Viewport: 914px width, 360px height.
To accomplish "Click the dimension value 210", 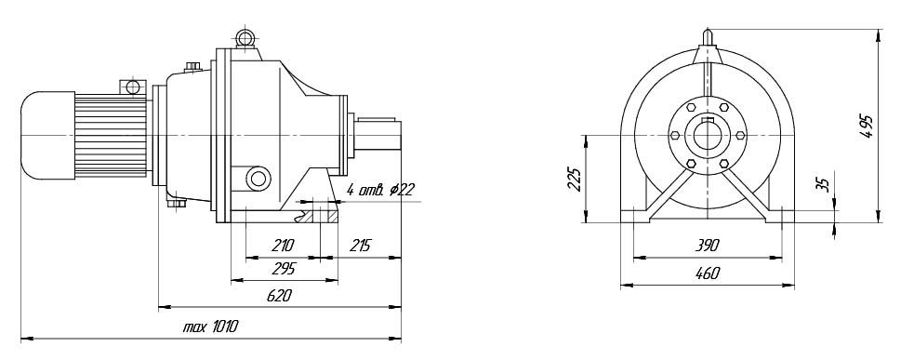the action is pyautogui.click(x=283, y=246).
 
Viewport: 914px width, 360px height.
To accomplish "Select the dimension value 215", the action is pyautogui.click(x=360, y=246).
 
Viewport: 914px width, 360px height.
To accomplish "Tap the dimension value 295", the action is pyautogui.click(x=284, y=269).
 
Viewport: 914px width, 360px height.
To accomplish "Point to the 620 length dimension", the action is pyautogui.click(x=279, y=296).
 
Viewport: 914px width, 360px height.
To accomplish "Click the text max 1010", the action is pyautogui.click(x=210, y=327).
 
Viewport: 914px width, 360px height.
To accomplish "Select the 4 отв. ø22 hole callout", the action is pyautogui.click(x=379, y=190).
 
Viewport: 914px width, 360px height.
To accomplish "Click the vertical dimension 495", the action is pyautogui.click(x=867, y=126).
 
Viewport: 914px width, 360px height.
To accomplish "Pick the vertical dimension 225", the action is pyautogui.click(x=575, y=180).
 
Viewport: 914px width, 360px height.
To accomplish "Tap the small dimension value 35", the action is pyautogui.click(x=822, y=184).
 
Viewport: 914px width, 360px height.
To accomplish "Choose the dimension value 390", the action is pyautogui.click(x=707, y=246).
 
